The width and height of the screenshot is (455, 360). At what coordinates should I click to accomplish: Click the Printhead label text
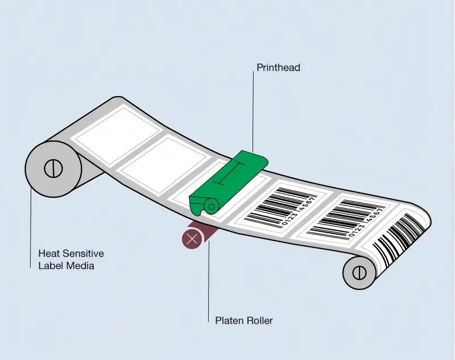coord(278,68)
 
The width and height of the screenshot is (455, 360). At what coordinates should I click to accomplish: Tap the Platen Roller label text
coord(244,321)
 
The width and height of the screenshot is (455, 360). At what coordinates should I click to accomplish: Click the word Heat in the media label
coord(49,253)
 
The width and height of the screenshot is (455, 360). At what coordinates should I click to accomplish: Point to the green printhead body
coord(229,183)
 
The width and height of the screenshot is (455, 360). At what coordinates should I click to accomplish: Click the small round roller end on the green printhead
coord(211,206)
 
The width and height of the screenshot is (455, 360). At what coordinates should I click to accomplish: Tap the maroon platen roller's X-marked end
coord(192,239)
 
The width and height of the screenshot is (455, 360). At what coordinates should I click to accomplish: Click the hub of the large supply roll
coord(53,168)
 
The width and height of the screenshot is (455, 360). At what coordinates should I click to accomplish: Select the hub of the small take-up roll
coord(359,272)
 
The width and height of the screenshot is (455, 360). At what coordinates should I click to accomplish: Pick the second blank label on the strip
coord(166,165)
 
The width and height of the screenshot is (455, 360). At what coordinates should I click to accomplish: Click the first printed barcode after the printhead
coord(280,206)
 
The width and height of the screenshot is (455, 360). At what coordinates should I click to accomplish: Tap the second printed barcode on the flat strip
coord(346,218)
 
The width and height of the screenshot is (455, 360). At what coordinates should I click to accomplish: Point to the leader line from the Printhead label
coord(253,112)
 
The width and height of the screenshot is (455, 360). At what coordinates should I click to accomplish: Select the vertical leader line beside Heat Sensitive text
coord(31,227)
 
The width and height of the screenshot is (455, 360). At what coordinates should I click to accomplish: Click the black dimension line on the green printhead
coord(229,174)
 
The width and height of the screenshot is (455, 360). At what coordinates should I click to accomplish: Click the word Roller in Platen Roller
coord(260,321)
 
